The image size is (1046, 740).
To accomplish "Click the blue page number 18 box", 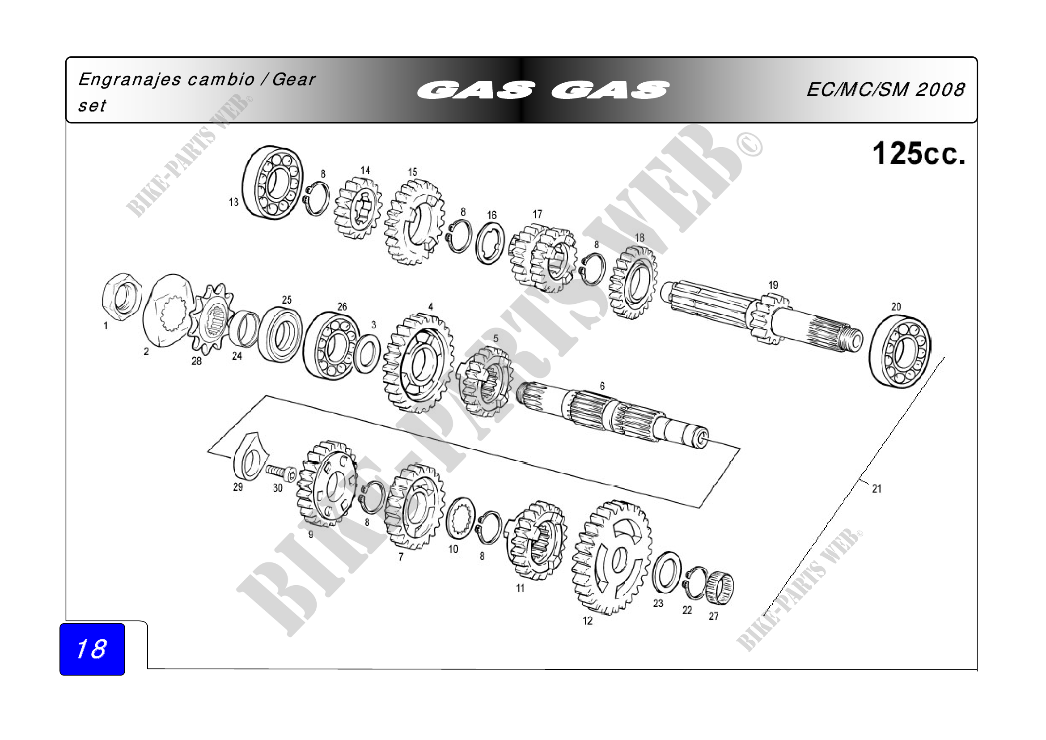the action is point(92,649).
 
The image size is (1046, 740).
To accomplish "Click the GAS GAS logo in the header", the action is point(542,90).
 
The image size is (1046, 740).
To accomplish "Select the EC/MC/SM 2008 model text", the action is point(885,89).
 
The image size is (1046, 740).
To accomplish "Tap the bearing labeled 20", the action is point(900,352).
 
